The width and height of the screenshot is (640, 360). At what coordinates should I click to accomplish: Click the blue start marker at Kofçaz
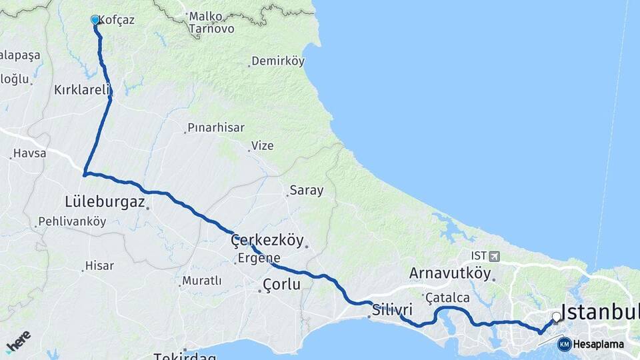[x=95, y=21]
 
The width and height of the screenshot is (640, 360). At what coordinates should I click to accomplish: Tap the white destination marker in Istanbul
[x=556, y=317]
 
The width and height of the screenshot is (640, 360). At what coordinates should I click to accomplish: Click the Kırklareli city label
[x=81, y=89]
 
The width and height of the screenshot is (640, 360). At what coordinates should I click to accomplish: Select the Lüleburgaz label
[x=105, y=201]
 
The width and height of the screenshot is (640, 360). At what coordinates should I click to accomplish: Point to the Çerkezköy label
[x=267, y=240]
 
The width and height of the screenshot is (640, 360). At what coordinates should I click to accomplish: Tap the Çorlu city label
[x=281, y=285]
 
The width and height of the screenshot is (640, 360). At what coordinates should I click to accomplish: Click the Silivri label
[x=393, y=309]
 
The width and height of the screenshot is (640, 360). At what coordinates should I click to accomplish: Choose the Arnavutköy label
[x=450, y=273]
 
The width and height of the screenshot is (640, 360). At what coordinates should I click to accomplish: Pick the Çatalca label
[x=447, y=297]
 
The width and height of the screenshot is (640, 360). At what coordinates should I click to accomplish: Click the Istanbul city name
[x=600, y=312]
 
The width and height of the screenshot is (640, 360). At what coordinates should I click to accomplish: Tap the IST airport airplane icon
[x=493, y=256]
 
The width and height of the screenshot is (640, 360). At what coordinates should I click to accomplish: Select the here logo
[x=18, y=341]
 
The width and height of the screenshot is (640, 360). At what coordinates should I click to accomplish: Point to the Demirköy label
[x=279, y=61]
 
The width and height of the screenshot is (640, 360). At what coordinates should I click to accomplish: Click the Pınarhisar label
[x=215, y=127]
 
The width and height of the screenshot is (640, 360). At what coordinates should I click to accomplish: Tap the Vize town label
[x=262, y=145]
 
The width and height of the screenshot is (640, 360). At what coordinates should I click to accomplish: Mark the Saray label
[x=307, y=191]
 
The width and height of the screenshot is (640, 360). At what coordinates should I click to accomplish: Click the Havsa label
[x=30, y=153]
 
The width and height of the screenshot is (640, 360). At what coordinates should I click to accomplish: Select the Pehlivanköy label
[x=72, y=222]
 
